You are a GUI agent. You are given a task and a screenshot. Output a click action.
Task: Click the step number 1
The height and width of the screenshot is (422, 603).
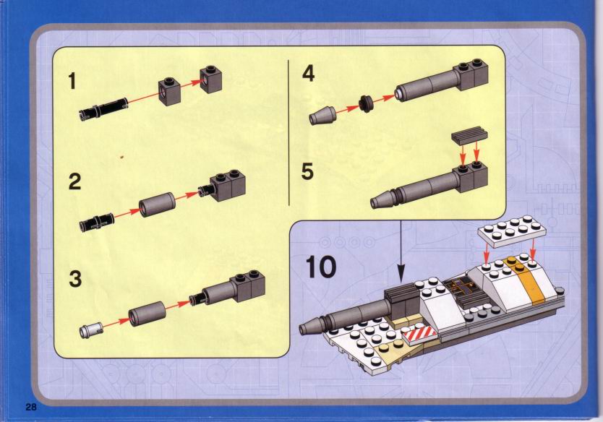click(x=72, y=82)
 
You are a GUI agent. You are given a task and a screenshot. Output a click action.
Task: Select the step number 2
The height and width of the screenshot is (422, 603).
click(x=74, y=181)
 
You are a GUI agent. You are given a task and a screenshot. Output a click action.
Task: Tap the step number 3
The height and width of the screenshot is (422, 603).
click(x=75, y=279)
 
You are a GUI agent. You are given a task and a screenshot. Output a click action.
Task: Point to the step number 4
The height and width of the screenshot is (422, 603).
click(x=309, y=73)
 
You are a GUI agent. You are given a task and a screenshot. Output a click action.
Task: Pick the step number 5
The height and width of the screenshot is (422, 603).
click(x=307, y=171)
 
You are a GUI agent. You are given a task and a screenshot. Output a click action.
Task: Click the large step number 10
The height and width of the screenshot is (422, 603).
click(x=321, y=267)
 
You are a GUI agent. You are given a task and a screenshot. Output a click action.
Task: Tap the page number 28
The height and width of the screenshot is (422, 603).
click(x=31, y=407)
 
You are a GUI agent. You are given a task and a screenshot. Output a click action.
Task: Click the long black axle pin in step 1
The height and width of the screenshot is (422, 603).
click(x=103, y=109)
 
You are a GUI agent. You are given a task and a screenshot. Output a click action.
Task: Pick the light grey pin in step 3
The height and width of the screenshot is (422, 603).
click(x=92, y=330)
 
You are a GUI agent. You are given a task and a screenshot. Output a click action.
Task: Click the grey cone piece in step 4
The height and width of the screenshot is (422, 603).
click(x=323, y=115)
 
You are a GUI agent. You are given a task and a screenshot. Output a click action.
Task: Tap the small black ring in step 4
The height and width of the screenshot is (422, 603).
click(x=366, y=104)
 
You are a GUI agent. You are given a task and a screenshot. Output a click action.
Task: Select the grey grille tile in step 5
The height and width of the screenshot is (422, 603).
click(x=469, y=135)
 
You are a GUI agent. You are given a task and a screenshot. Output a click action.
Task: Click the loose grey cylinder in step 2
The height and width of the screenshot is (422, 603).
click(x=157, y=204)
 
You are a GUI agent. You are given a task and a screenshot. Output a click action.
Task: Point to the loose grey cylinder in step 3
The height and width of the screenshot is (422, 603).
click(x=147, y=314)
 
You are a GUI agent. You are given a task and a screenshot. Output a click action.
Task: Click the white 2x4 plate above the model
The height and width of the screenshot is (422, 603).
click(x=512, y=231)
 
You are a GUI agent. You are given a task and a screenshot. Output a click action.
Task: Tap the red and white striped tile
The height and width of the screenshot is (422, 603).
click(x=419, y=334)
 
